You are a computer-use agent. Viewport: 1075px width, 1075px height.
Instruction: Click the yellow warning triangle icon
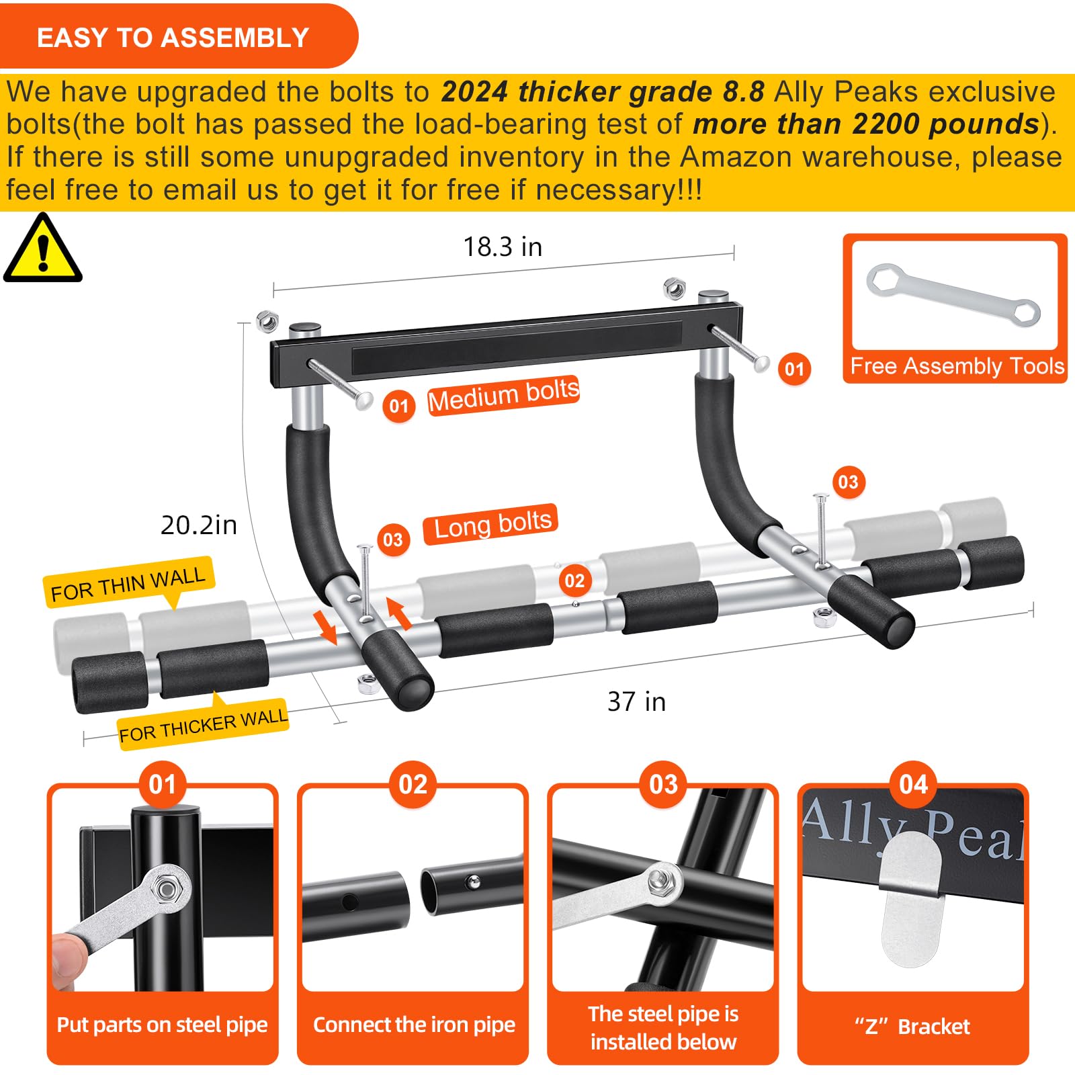click(x=42, y=250)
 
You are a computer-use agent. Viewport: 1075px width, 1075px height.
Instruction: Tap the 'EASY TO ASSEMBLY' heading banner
click(x=173, y=37)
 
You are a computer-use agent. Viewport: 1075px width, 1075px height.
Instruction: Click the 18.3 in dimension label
click(x=502, y=247)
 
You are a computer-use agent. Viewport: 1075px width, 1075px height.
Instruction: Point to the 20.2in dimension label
click(x=198, y=525)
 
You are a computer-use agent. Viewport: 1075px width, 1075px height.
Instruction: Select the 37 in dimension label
click(x=636, y=701)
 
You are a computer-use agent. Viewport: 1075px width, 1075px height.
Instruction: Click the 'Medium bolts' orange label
click(x=503, y=395)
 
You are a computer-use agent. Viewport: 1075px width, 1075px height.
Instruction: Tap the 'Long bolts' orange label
click(x=491, y=524)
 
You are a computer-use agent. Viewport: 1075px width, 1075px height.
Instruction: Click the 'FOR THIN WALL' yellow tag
click(x=128, y=583)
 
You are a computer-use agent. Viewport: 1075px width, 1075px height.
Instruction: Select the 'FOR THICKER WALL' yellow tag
click(x=203, y=726)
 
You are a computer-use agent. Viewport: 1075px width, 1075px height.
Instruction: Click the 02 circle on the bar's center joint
click(x=574, y=580)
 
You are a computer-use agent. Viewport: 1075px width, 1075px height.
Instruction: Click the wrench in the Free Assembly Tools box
click(x=953, y=295)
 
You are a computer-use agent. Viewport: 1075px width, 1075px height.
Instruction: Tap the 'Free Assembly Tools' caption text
click(x=956, y=366)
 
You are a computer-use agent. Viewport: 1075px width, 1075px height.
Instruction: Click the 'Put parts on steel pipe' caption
click(x=162, y=1025)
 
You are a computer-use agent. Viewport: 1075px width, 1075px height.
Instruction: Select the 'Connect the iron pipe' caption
click(x=413, y=1025)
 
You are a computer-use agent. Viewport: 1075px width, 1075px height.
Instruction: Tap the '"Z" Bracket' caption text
click(x=912, y=1027)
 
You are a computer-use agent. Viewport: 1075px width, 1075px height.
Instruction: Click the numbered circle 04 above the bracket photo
click(x=912, y=784)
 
